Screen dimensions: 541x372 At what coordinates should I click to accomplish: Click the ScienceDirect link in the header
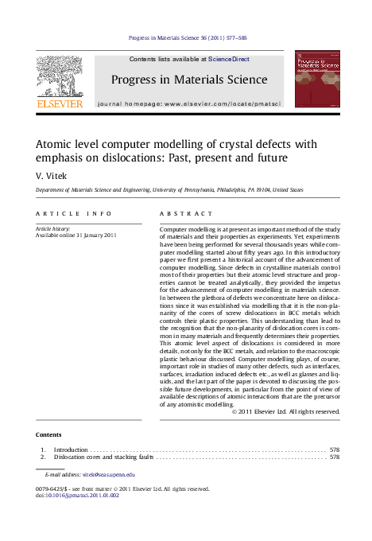click(x=230, y=59)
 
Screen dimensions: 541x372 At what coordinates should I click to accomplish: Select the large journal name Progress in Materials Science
click(x=188, y=79)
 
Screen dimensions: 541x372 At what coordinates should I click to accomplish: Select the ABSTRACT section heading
click(x=186, y=214)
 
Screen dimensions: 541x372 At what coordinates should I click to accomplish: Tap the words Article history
click(x=53, y=228)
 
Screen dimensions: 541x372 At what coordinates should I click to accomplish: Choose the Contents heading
click(x=48, y=434)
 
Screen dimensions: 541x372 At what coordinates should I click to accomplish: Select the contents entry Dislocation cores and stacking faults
click(x=103, y=457)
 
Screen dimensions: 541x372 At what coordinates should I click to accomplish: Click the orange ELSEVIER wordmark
click(x=60, y=103)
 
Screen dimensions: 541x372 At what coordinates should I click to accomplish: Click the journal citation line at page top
click(x=186, y=37)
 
